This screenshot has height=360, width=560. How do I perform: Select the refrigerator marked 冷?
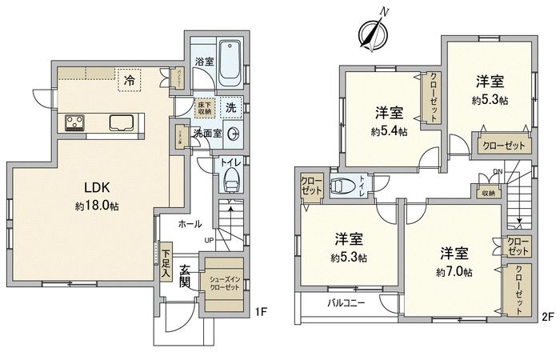[x=128, y=79]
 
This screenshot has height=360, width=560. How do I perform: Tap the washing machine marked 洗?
[x=230, y=107]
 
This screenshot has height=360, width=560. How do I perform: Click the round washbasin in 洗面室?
[x=234, y=134]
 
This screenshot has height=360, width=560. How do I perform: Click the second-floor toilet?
[x=342, y=186]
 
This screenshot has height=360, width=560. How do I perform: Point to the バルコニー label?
[x=346, y=303]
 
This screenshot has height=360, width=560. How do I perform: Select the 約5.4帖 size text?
[x=388, y=130]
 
